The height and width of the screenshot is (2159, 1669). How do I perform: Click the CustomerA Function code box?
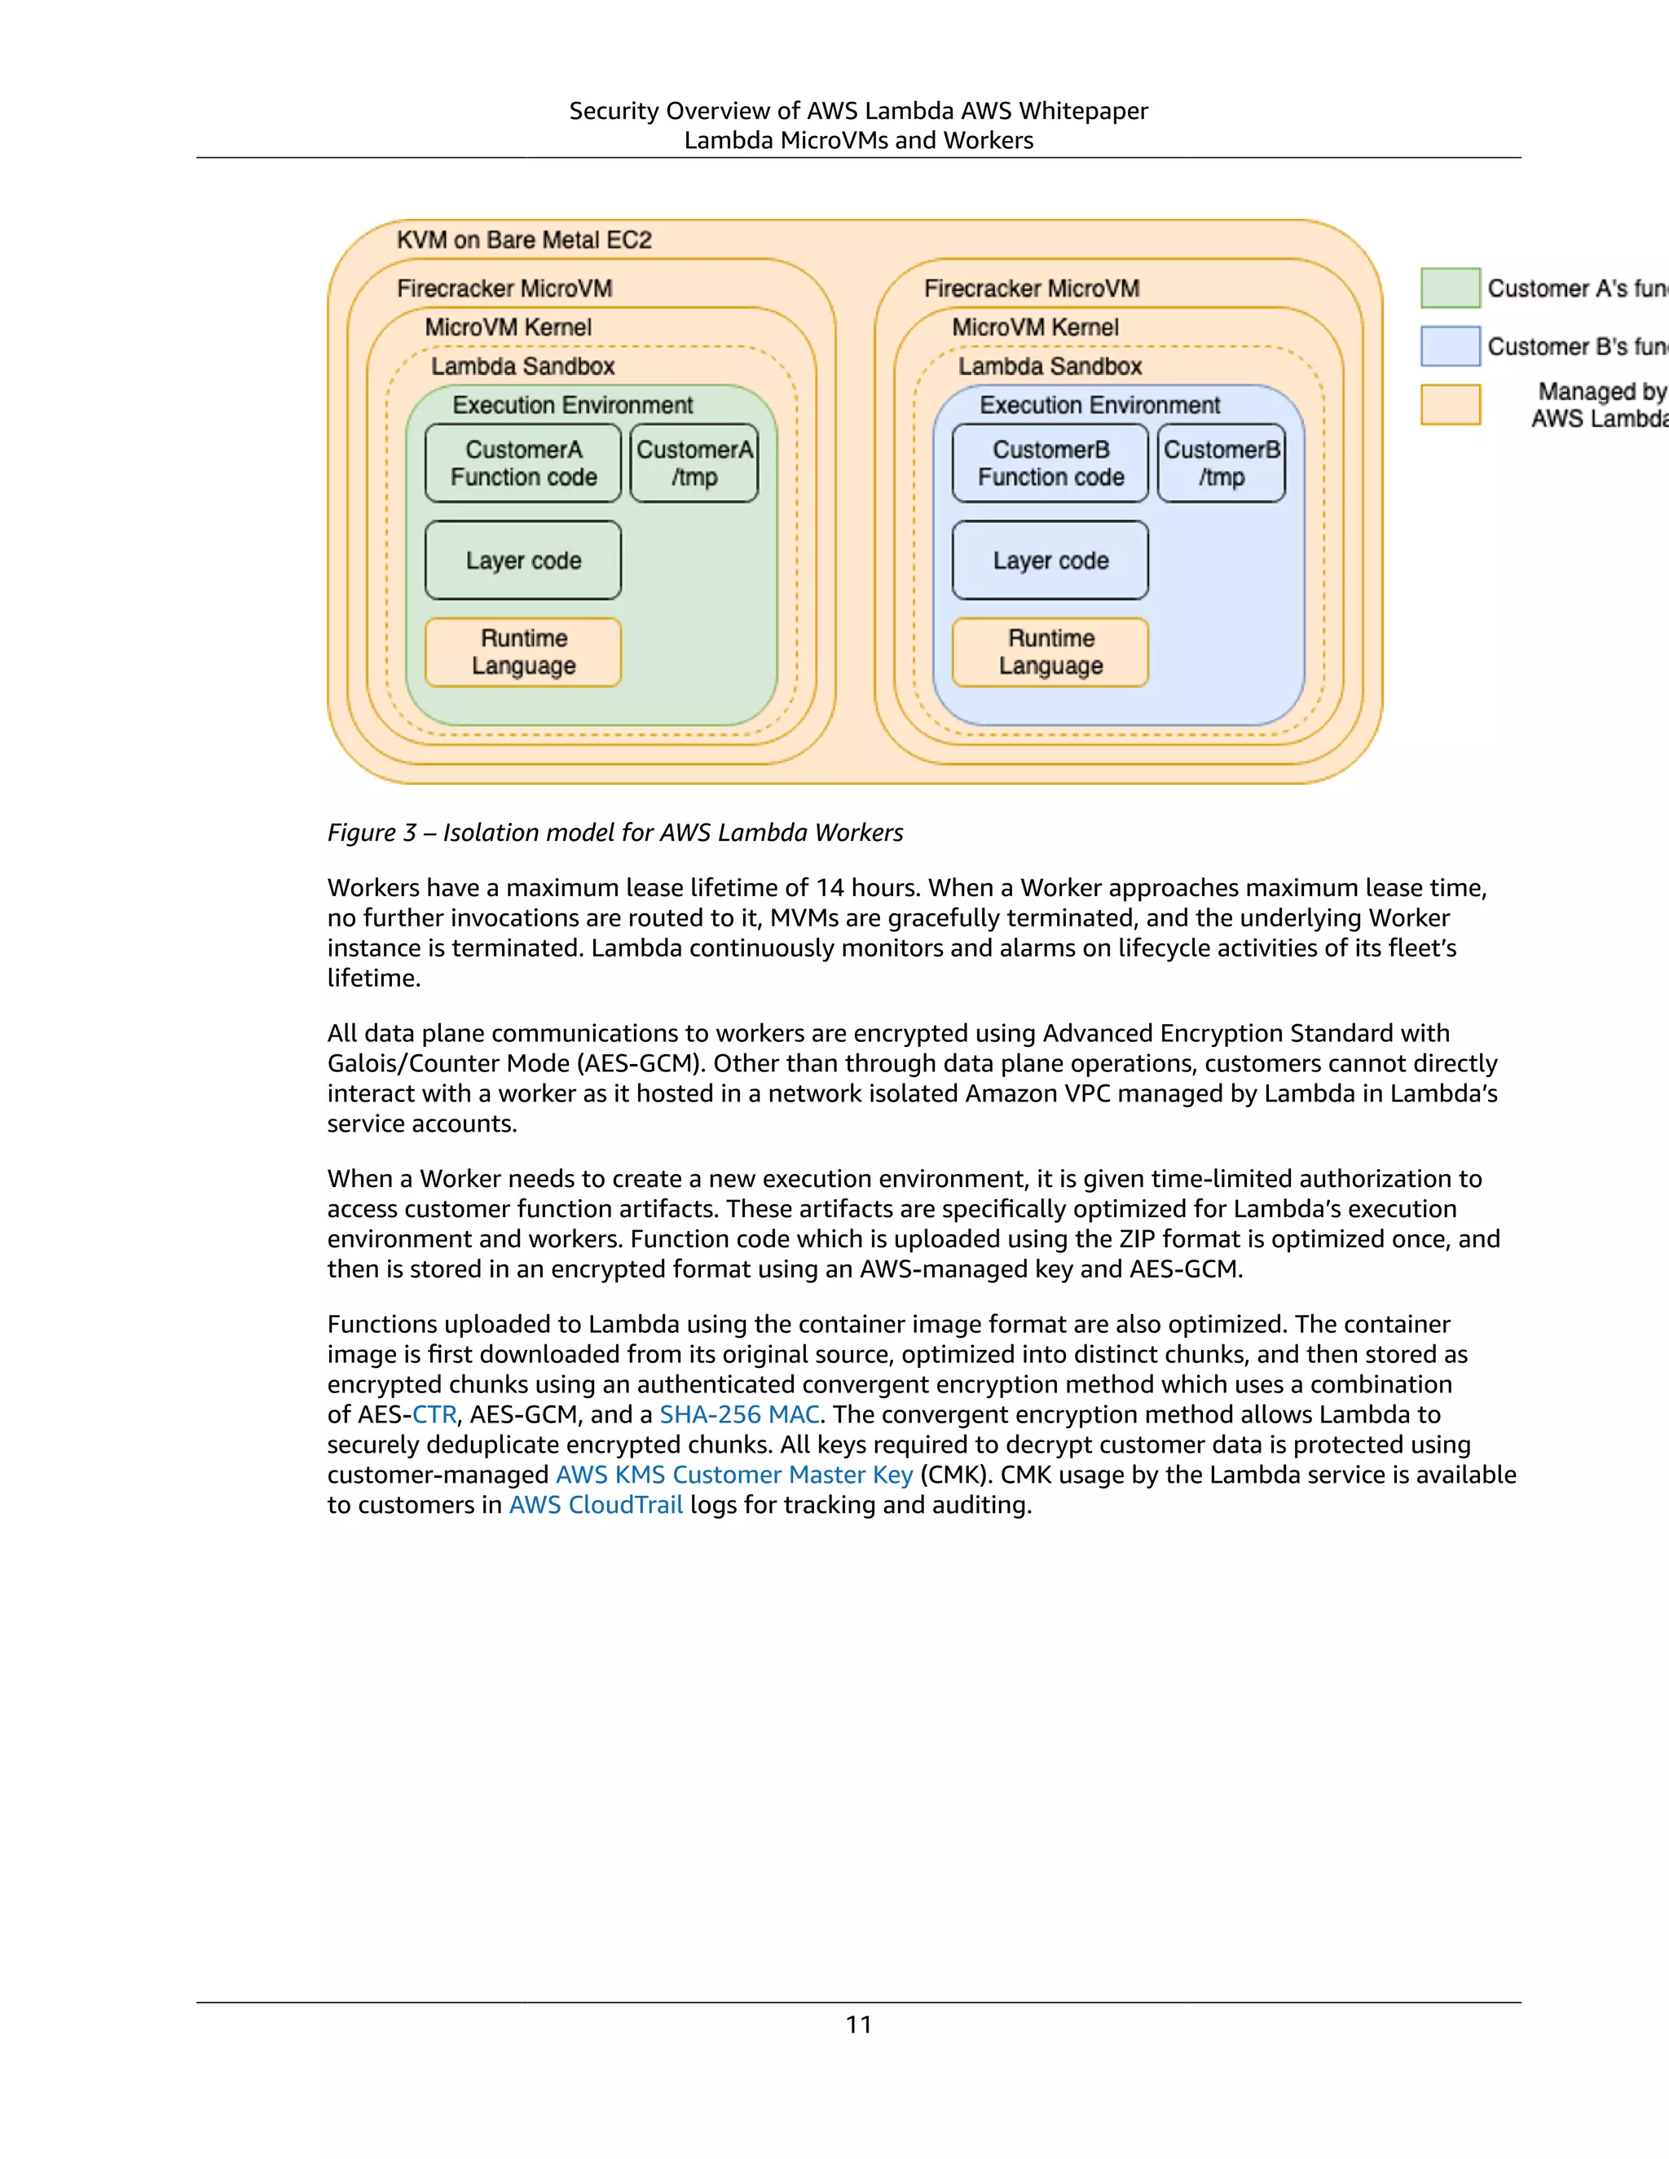pos(523,463)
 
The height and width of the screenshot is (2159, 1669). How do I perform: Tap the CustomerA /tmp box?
pos(694,463)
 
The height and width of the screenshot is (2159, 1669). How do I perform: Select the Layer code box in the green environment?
pos(523,561)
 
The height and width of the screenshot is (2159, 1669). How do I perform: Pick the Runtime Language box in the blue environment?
pos(1050,652)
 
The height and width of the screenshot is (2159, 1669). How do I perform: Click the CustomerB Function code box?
pos(1050,463)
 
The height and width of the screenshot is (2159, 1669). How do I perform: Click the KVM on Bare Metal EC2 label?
pos(524,240)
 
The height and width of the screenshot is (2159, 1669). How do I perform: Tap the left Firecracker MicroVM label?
pos(504,288)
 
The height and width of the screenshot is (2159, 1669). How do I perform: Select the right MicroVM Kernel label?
pos(1035,328)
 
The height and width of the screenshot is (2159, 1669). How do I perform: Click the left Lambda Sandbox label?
pos(522,367)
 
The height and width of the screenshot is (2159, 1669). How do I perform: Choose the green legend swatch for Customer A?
pos(1451,288)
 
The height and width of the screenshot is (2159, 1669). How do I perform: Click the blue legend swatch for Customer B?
pos(1451,346)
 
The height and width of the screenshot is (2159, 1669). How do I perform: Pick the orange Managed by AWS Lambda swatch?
pos(1451,404)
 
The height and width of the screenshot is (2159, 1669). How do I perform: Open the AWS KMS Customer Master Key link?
pos(733,1475)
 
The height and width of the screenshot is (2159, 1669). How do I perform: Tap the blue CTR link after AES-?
pos(434,1414)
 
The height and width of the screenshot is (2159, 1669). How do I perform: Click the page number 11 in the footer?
pos(858,2025)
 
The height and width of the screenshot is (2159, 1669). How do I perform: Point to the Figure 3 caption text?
pos(615,833)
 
